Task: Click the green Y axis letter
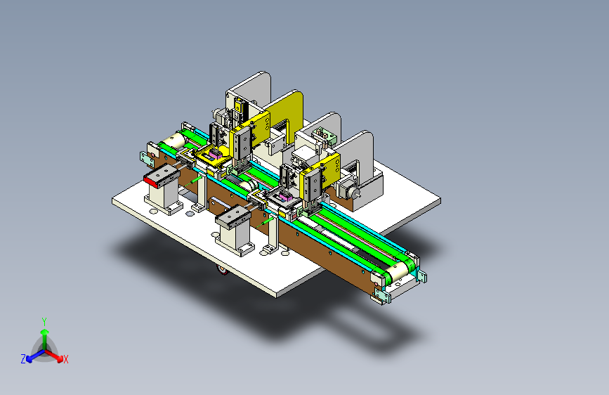(44, 322)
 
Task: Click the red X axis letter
(65, 360)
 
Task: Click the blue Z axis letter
(23, 359)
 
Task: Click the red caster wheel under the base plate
(223, 269)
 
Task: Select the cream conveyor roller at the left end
(173, 141)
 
